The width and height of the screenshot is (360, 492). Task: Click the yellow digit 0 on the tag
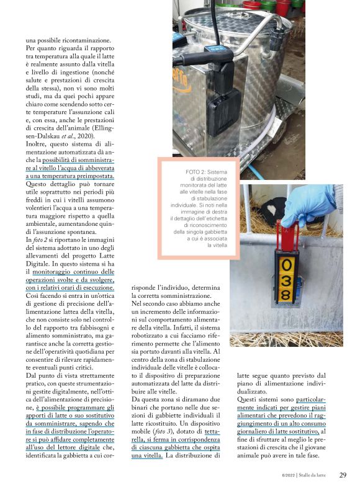[x=288, y=268]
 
